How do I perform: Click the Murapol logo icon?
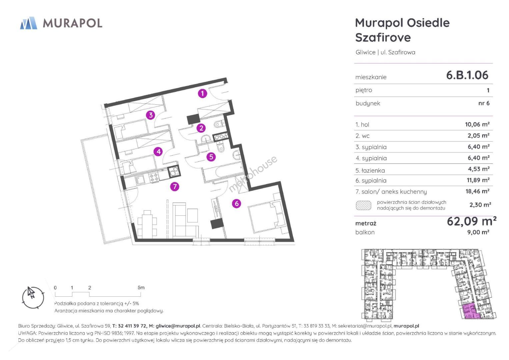(x=29, y=23)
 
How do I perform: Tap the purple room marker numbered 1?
(x=202, y=93)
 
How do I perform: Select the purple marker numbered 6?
(x=237, y=203)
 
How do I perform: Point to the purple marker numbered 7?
(x=175, y=187)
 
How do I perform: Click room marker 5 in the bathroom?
(x=211, y=157)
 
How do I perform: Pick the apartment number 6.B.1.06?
(x=467, y=75)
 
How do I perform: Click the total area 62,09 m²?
(x=472, y=221)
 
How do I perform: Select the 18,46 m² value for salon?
(x=477, y=191)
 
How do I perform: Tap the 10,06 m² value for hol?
(x=477, y=124)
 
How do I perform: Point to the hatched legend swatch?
(x=364, y=205)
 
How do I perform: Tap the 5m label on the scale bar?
(x=141, y=287)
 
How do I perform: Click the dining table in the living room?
(x=147, y=224)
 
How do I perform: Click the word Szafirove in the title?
(x=383, y=37)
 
